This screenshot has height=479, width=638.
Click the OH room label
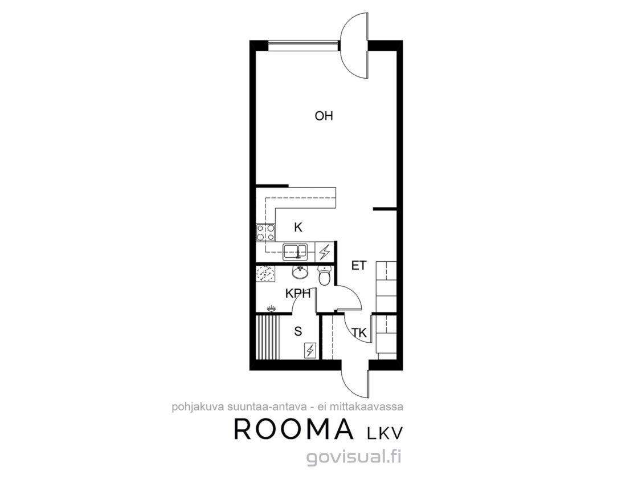click(324, 116)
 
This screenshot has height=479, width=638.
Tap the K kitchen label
click(298, 228)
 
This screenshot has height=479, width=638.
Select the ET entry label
click(358, 266)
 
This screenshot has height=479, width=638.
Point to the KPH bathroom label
click(298, 293)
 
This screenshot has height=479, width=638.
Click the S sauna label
click(298, 331)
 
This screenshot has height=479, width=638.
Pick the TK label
click(359, 333)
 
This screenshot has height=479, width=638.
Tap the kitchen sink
click(296, 251)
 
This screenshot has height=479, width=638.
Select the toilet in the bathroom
click(324, 276)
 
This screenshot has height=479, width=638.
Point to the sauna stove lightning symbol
click(310, 350)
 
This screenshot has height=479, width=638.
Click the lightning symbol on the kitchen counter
click(325, 252)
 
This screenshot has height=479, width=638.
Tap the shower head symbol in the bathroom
click(271, 308)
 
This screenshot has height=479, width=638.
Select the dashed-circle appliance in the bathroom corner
click(265, 274)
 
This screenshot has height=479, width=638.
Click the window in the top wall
click(303, 45)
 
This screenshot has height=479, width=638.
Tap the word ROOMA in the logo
click(293, 429)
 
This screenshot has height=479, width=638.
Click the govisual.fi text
click(354, 457)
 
